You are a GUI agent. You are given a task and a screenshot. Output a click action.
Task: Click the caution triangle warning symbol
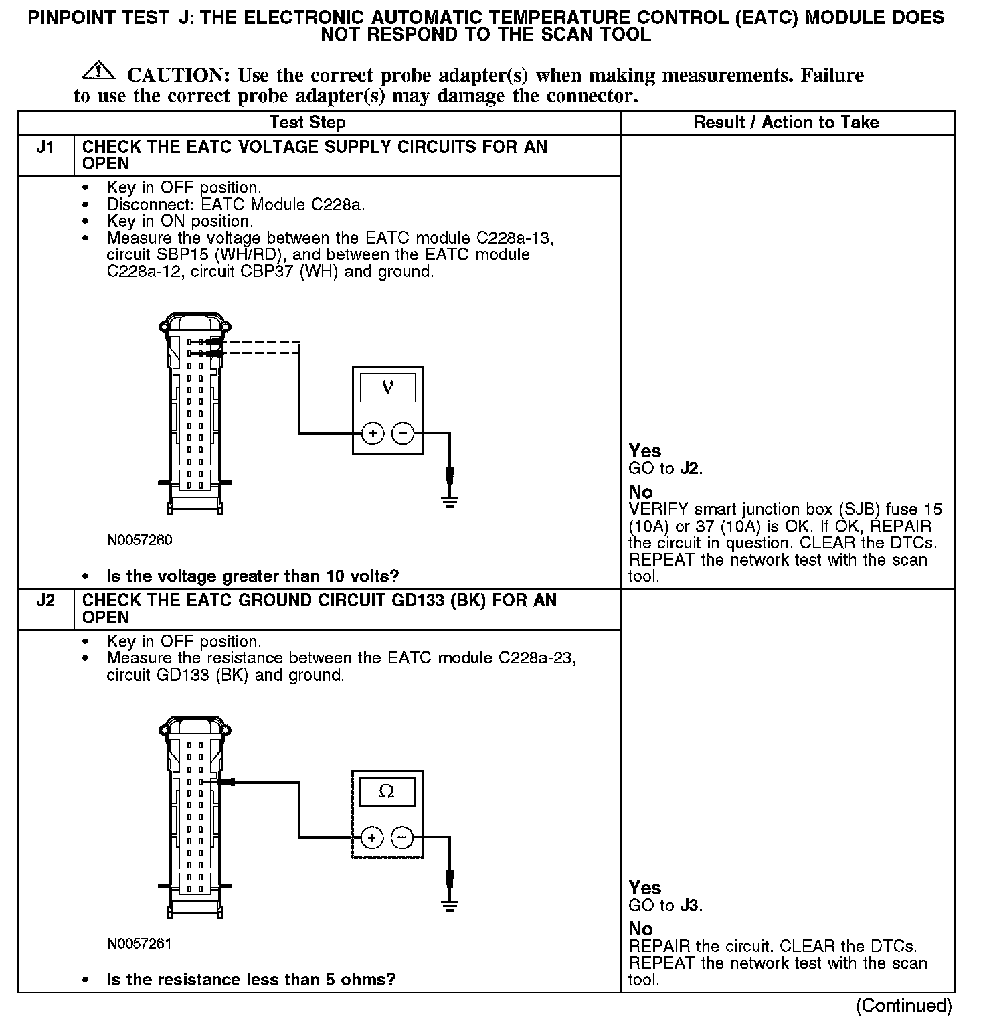point(98,70)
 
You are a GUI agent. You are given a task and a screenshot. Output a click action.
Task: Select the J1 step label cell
point(46,147)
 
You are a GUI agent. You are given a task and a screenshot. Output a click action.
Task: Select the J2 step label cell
point(46,601)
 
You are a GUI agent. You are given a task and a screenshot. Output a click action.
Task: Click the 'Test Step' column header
point(307,123)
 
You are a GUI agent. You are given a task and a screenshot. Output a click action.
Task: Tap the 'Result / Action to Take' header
point(786,123)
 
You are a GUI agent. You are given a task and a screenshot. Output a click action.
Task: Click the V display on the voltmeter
point(387,388)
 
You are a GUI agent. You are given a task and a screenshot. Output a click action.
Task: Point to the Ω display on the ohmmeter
point(387,791)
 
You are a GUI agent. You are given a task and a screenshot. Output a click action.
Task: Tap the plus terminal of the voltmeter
point(373,434)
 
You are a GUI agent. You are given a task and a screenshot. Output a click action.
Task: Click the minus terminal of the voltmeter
point(403,434)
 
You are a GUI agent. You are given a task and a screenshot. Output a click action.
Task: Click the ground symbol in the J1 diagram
point(450,502)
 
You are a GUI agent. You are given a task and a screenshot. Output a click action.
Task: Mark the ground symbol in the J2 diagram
point(450,906)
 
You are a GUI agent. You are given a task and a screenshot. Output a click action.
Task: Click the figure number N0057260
point(140,540)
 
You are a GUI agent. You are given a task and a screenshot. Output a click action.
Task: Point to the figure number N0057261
point(140,943)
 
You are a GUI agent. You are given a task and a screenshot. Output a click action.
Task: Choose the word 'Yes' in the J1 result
point(645,451)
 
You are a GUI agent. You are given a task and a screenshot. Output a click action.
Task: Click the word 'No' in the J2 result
point(640,929)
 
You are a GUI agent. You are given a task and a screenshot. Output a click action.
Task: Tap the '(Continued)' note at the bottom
point(903,1005)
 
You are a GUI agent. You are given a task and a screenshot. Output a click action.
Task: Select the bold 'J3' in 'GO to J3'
point(689,906)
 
